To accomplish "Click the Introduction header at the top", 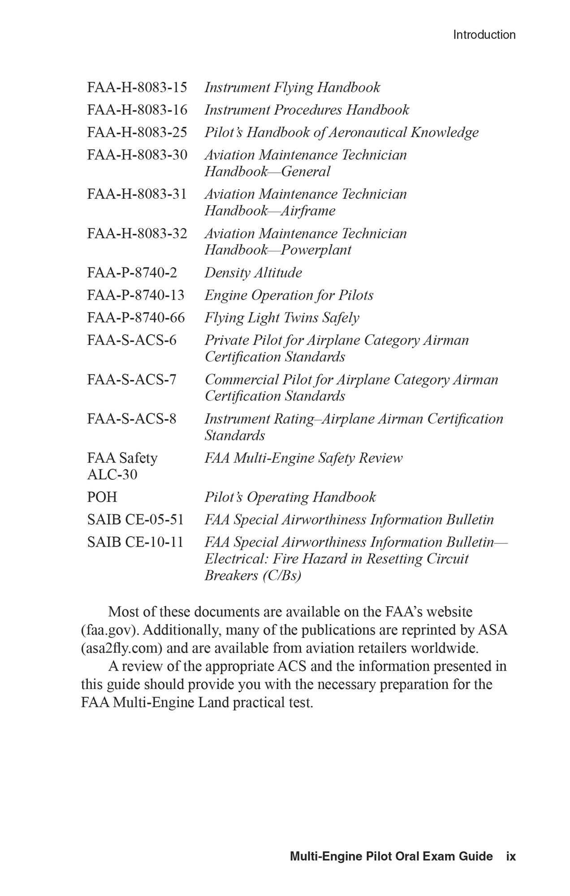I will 484,35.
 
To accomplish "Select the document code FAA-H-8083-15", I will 137,87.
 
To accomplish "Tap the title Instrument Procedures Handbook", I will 307,110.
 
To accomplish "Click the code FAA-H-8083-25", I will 137,132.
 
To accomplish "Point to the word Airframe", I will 307,211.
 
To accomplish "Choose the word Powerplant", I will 315,250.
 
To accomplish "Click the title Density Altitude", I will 253,272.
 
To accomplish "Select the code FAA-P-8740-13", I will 135,295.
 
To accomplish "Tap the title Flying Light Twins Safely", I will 282,318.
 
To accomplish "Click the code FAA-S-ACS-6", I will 132,340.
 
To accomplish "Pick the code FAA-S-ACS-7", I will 132,379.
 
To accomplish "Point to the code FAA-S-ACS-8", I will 132,419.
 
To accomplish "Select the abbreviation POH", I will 102,497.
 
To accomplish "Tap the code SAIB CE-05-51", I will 135,520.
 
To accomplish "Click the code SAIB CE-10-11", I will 135,542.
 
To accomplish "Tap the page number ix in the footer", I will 511,857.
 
